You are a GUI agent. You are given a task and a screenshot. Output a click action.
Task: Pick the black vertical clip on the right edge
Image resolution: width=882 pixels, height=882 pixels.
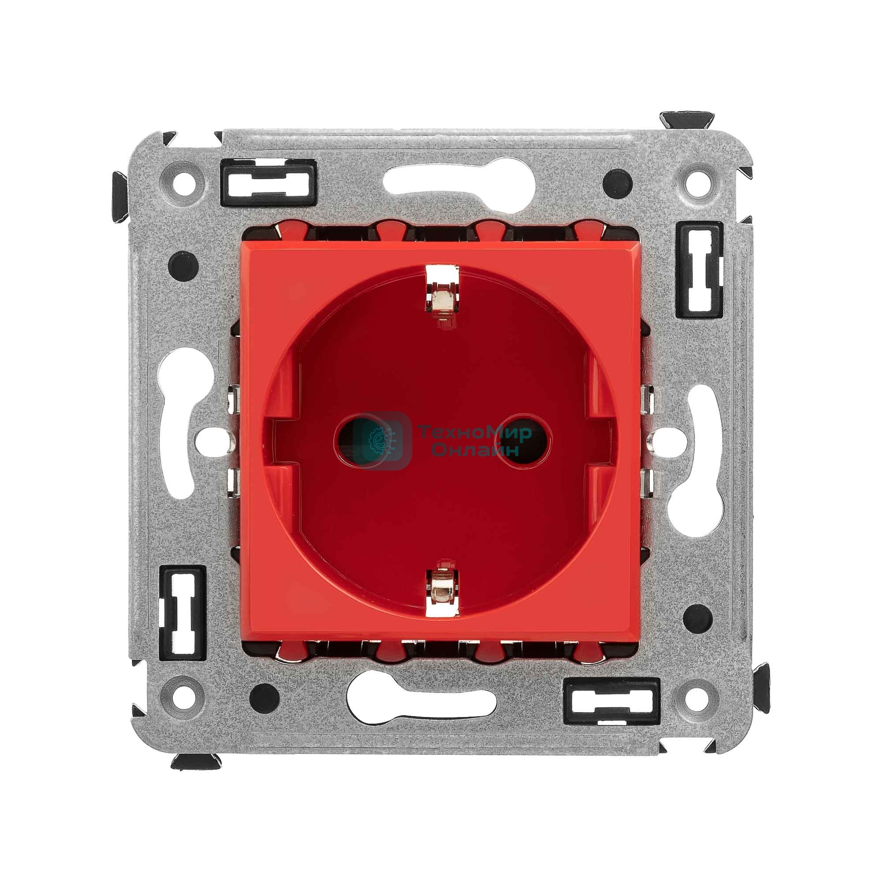pyautogui.click(x=701, y=270)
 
